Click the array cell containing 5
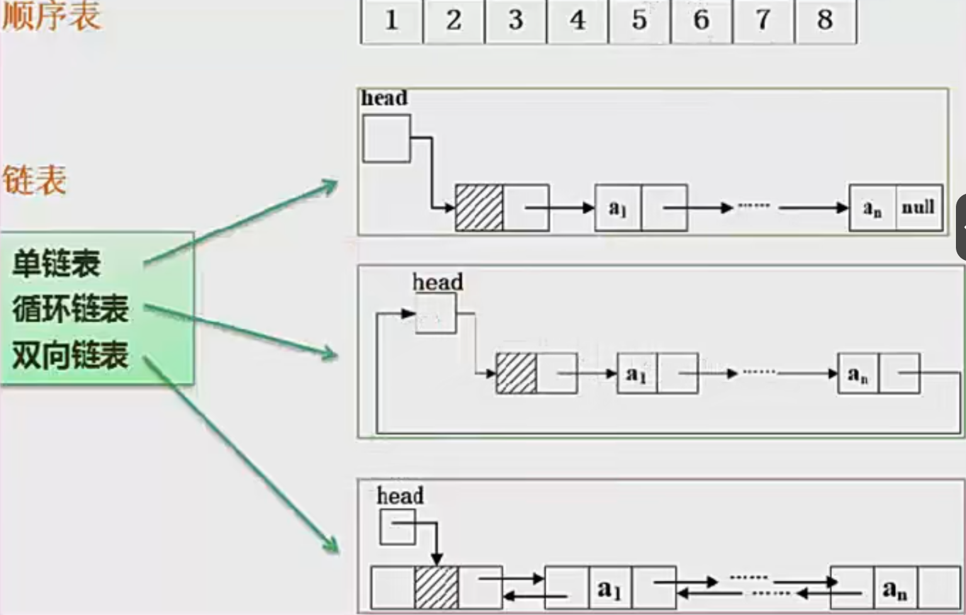click(639, 21)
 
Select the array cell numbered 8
click(825, 21)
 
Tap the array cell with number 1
click(391, 21)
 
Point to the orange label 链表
click(35, 181)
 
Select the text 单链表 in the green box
click(57, 263)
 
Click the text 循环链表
click(70, 308)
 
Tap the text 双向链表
click(70, 354)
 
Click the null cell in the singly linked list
click(918, 208)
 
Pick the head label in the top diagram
click(385, 98)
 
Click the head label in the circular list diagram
click(438, 282)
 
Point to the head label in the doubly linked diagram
click(400, 495)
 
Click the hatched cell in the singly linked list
click(479, 208)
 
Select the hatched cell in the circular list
click(516, 373)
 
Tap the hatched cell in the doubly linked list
click(436, 588)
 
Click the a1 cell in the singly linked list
click(618, 208)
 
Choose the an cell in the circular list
click(858, 374)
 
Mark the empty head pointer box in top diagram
click(386, 138)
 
